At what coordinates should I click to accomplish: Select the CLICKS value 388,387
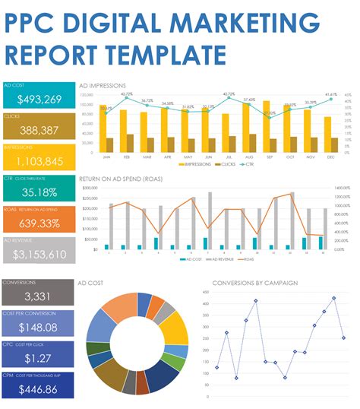click(39, 130)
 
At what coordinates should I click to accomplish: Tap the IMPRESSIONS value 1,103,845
click(39, 161)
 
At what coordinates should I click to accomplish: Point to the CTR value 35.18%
click(39, 192)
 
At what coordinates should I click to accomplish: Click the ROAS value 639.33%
click(39, 224)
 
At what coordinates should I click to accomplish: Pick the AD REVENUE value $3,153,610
click(39, 255)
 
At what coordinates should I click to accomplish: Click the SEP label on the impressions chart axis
click(269, 157)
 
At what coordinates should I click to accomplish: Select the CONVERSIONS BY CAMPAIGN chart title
click(254, 283)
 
